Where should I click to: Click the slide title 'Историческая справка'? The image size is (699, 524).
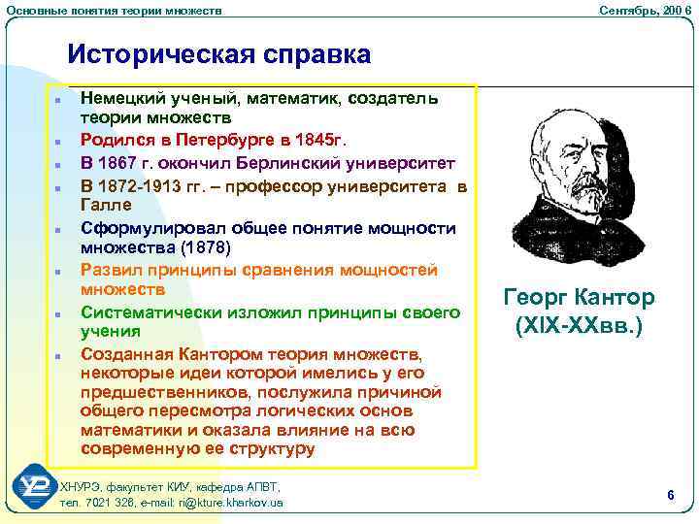pos(218,54)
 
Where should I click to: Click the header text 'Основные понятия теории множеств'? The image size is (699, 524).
pos(114,9)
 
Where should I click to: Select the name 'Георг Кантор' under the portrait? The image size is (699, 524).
pos(580,298)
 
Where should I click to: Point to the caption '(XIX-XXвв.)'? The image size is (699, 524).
pos(580,326)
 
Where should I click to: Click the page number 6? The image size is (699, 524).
pos(670,495)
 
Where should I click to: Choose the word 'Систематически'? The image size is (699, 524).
pos(150,311)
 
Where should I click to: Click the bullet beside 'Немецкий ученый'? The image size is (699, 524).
pos(58,100)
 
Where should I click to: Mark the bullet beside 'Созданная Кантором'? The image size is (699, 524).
pos(58,356)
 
